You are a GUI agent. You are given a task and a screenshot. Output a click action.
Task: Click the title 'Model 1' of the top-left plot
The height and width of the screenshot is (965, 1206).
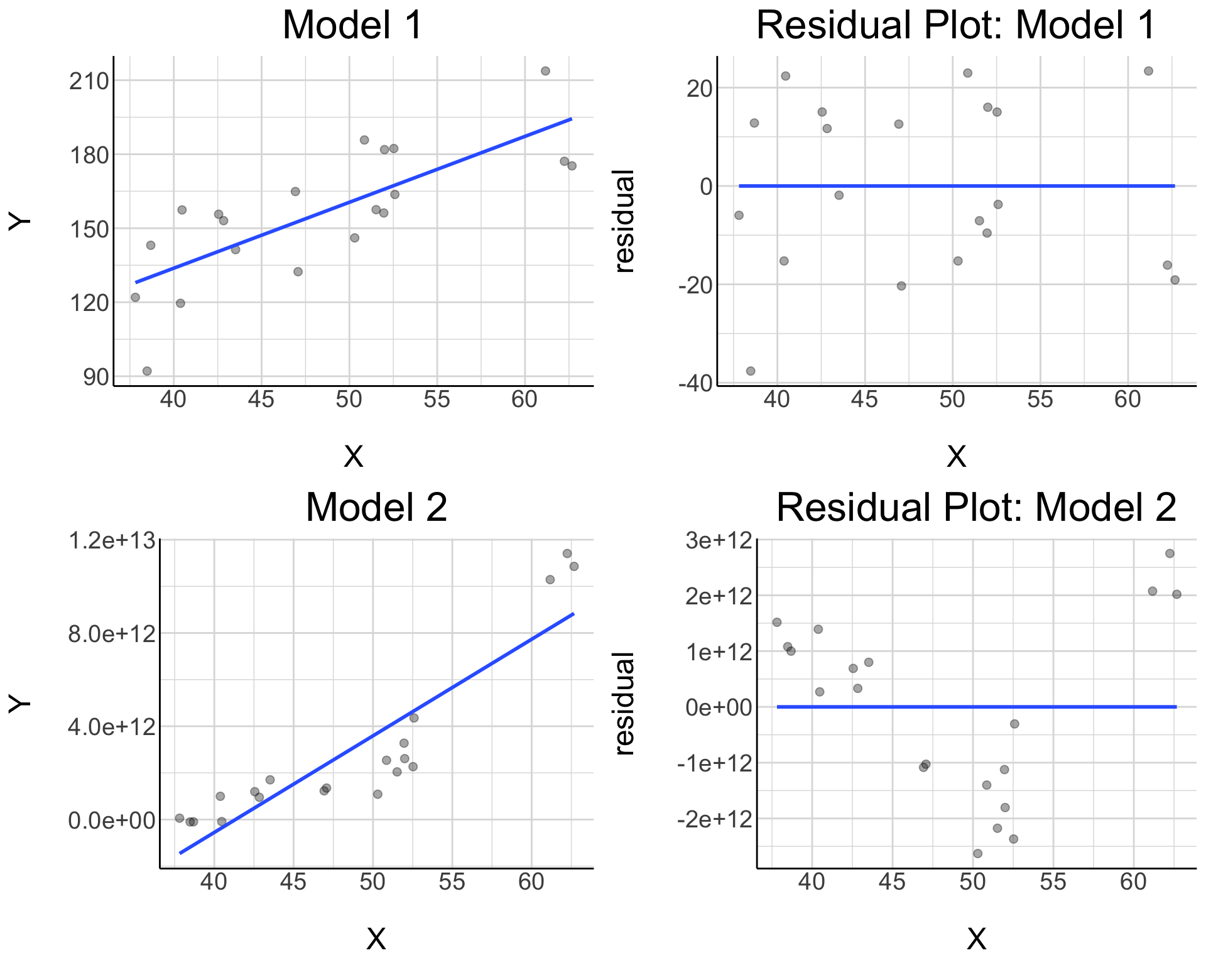[352, 26]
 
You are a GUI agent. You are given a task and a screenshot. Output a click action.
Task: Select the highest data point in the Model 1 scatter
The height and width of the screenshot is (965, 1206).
[545, 71]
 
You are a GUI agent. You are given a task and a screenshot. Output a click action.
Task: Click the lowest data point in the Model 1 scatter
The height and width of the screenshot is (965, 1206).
[147, 371]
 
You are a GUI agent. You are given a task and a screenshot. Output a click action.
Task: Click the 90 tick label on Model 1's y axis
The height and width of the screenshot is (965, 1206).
[95, 378]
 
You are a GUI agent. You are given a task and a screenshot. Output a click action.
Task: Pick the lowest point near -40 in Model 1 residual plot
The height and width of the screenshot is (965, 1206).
[750, 371]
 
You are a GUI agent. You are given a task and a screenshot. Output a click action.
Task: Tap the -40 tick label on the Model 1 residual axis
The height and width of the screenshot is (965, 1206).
[695, 383]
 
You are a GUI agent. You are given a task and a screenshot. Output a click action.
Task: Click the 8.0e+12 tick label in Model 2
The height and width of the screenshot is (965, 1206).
[111, 633]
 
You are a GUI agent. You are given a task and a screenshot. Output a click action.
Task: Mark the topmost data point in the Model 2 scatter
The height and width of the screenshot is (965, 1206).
[567, 553]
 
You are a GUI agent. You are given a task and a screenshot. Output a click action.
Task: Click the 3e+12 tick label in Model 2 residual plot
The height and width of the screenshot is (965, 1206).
[719, 540]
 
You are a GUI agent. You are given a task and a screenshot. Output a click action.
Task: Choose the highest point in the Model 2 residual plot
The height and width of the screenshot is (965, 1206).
[1170, 553]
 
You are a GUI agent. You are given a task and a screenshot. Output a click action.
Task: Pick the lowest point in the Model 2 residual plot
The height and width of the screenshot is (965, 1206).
[977, 853]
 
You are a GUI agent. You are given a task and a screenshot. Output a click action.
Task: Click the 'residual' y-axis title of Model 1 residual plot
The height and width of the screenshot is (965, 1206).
[625, 221]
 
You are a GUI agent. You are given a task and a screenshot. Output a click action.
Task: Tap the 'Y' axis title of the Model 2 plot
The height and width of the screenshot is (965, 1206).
[19, 704]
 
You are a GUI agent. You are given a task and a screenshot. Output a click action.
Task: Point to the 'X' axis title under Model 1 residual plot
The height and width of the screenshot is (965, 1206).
[956, 457]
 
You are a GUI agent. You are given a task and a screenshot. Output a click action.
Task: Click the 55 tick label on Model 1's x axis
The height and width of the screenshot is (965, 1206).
[437, 400]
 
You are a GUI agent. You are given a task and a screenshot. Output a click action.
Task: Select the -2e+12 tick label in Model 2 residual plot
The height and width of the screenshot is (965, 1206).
[714, 819]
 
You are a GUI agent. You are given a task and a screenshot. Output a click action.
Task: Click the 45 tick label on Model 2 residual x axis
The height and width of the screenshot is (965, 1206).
[892, 883]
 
